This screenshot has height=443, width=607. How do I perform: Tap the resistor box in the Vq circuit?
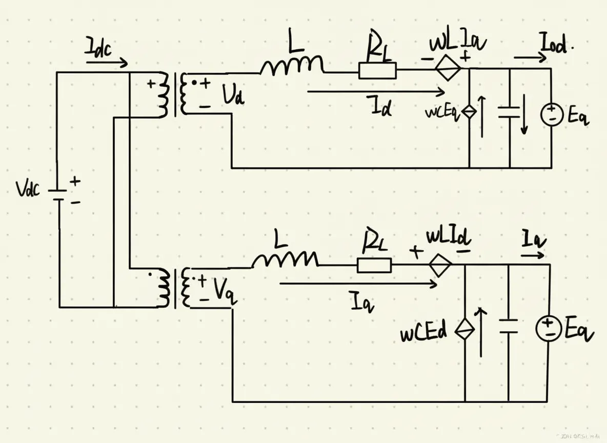pos(374,265)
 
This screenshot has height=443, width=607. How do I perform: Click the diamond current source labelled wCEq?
pos(470,112)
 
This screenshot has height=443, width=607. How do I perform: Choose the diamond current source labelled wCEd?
pos(465,328)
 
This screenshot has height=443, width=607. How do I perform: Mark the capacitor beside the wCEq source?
pos(510,112)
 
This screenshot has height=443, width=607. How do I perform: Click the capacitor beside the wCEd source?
pos(508,326)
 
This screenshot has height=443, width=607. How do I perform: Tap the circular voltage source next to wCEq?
pos(552,114)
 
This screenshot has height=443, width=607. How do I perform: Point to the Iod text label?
pos(554,46)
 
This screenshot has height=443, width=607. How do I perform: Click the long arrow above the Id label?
pos(375,92)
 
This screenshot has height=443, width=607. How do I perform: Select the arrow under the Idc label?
pos(107,64)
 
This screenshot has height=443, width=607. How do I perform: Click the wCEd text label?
pos(423,332)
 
